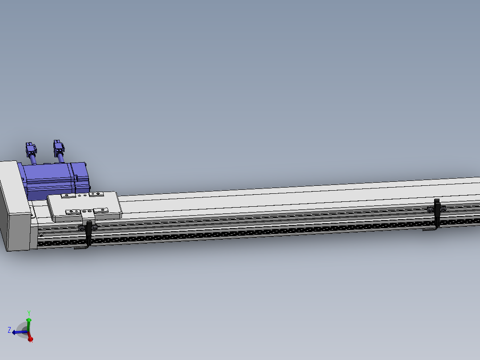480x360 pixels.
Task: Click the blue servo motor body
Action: (x=49, y=178)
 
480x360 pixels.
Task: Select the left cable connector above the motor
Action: (x=31, y=149)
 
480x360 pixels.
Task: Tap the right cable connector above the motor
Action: (x=58, y=147)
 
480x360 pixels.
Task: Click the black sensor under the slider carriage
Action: (x=89, y=232)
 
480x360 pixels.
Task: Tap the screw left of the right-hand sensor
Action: (x=430, y=209)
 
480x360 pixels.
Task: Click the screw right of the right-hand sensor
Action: (x=443, y=209)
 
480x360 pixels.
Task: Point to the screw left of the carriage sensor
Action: (x=82, y=228)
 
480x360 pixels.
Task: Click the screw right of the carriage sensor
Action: (x=95, y=228)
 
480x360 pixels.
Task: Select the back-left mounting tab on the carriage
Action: (x=68, y=195)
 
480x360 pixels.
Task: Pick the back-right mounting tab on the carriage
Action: (x=96, y=194)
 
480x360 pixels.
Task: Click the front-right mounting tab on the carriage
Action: (x=101, y=210)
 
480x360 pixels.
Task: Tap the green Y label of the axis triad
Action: (x=28, y=312)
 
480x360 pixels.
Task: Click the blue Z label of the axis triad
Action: (x=9, y=330)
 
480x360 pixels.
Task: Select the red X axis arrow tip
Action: (x=31, y=340)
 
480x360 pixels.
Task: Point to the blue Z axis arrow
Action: (x=17, y=332)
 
